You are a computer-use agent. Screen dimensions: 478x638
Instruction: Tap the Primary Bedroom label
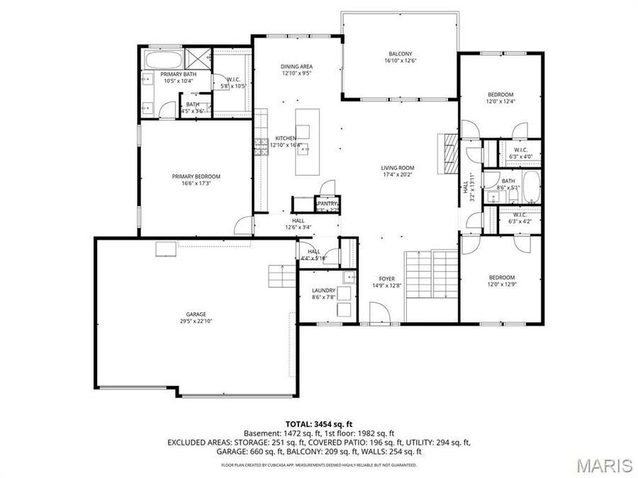pyautogui.click(x=196, y=176)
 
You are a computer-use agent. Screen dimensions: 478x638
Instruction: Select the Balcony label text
pyautogui.click(x=400, y=54)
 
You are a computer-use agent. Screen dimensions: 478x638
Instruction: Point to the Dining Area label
pyautogui.click(x=296, y=66)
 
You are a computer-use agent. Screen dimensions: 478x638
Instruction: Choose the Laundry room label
pyautogui.click(x=323, y=290)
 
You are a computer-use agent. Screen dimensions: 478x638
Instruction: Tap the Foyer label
pyautogui.click(x=386, y=278)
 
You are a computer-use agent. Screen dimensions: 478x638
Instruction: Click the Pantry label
pyautogui.click(x=327, y=203)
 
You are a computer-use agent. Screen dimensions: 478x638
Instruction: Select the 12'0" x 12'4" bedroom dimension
pyautogui.click(x=500, y=101)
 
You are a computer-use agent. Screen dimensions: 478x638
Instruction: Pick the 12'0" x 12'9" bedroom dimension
pyautogui.click(x=500, y=285)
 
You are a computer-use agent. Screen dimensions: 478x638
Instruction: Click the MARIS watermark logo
pyautogui.click(x=604, y=465)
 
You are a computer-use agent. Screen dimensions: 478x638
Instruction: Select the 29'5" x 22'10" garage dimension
pyautogui.click(x=196, y=321)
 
